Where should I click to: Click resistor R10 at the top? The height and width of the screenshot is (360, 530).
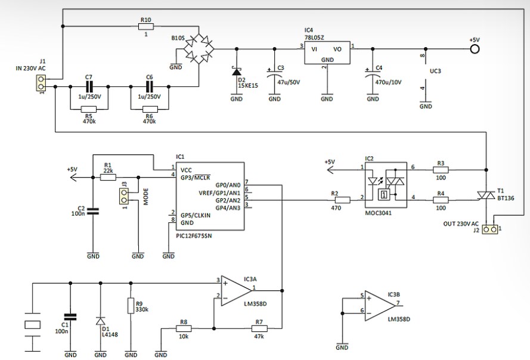(x=146, y=27)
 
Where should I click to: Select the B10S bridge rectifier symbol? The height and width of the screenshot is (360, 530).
(x=199, y=49)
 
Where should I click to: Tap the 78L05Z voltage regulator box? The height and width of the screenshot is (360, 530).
(x=327, y=52)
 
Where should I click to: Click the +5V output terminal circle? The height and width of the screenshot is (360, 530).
(x=475, y=49)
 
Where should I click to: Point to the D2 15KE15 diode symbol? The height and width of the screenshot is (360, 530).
(x=236, y=72)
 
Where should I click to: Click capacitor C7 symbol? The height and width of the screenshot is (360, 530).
(x=89, y=87)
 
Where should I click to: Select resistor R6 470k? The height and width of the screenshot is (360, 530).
(x=150, y=109)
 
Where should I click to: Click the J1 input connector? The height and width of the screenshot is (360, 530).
(x=41, y=83)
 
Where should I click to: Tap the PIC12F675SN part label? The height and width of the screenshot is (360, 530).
(x=194, y=235)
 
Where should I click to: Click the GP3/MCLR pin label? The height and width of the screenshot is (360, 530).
(x=196, y=178)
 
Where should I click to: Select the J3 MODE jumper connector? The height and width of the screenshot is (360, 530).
(x=125, y=197)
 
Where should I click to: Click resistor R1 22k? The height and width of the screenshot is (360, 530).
(x=108, y=177)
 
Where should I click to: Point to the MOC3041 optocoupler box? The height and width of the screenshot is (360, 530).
(x=386, y=185)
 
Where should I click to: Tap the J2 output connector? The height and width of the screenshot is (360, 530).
(x=490, y=229)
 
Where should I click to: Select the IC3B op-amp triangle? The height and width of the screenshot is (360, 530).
(x=380, y=306)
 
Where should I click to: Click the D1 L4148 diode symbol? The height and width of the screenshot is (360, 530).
(x=100, y=321)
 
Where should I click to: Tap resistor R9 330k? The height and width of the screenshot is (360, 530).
(x=131, y=306)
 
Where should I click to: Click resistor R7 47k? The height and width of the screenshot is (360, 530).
(x=259, y=328)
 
